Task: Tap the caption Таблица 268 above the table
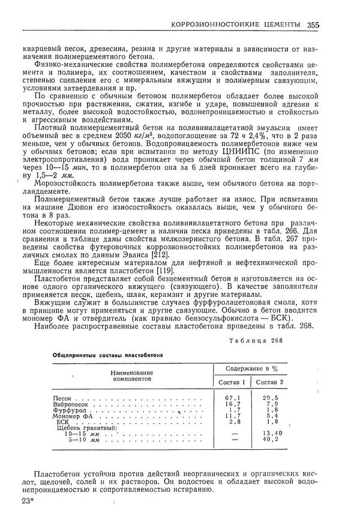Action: pyautogui.click(x=254, y=341)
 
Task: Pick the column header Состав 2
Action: pyautogui.click(x=269, y=382)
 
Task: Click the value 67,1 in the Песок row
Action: pyautogui.click(x=232, y=399)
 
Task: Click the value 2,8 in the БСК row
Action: pyautogui.click(x=233, y=422)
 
